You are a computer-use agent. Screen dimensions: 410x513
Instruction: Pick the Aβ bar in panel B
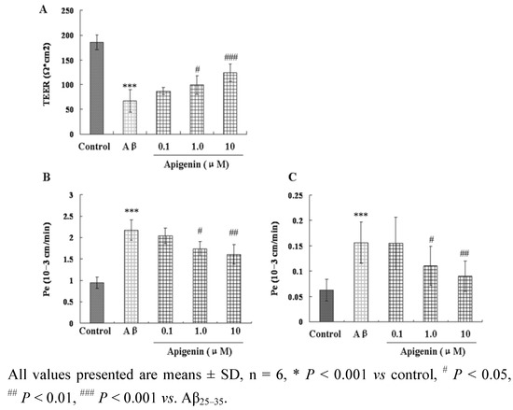132,276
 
